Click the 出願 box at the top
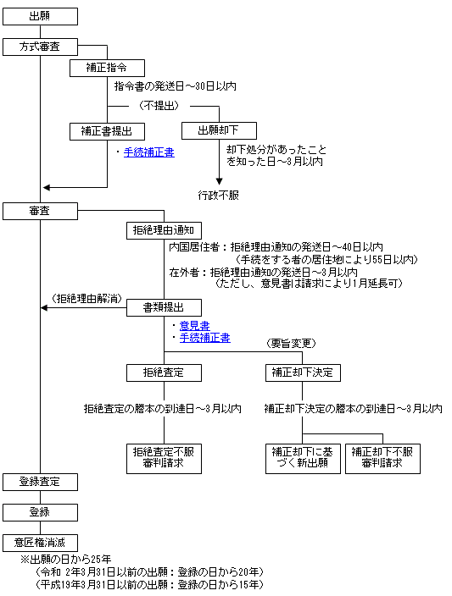coord(40,17)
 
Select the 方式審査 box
coord(40,47)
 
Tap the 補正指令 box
coord(107,68)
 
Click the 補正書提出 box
coord(107,131)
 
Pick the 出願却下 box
coord(219,130)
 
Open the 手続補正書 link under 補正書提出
coord(149,152)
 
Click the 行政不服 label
coord(218,196)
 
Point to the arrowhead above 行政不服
coord(219,181)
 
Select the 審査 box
coord(40,212)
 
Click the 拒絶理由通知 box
coord(164,231)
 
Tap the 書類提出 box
coord(164,308)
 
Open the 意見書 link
coord(194,326)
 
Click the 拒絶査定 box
coord(164,372)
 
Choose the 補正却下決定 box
coord(303,372)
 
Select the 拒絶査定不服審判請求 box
coord(164,458)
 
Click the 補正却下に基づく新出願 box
coord(303,458)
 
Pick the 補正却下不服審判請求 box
coord(382,458)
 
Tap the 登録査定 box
coord(40,483)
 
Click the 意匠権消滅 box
coord(40,543)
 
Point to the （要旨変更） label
coord(292,344)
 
